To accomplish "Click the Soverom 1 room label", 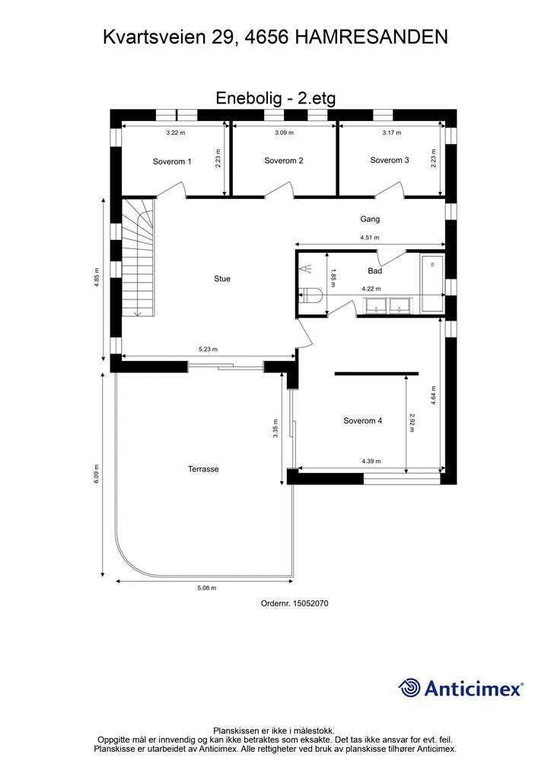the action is pyautogui.click(x=172, y=161).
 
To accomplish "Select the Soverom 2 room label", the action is pyautogui.click(x=284, y=161).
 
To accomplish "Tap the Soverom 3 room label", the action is pyautogui.click(x=390, y=160).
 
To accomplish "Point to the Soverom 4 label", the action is pyautogui.click(x=363, y=420).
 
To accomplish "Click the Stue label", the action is pyautogui.click(x=222, y=279).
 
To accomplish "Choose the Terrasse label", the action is pyautogui.click(x=203, y=469).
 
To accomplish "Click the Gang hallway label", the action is pyautogui.click(x=370, y=219).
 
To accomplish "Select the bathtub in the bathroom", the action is pyautogui.click(x=432, y=283).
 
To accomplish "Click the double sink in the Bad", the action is pyautogui.click(x=387, y=305).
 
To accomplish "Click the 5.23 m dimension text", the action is pyautogui.click(x=209, y=349).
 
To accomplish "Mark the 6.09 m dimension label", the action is pyautogui.click(x=97, y=474).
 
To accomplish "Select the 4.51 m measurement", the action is pyautogui.click(x=370, y=238).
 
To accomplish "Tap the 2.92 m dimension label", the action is pyautogui.click(x=412, y=423).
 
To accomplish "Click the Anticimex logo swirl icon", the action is pyautogui.click(x=409, y=688).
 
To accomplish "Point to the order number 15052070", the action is pyautogui.click(x=311, y=603).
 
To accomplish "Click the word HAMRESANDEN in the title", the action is pyautogui.click(x=371, y=37).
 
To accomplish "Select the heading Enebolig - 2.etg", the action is pyautogui.click(x=275, y=98).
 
